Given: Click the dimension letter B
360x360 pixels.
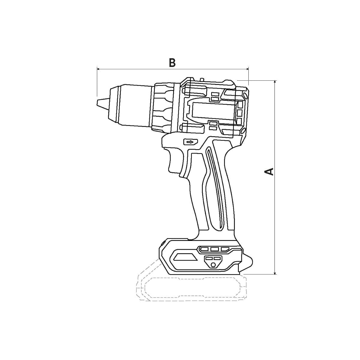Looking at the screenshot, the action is (x=172, y=63).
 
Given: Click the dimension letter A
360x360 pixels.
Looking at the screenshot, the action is (x=269, y=172).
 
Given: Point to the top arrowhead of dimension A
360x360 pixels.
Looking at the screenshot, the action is (x=275, y=82).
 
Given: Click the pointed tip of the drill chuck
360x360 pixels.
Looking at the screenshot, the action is (x=97, y=103).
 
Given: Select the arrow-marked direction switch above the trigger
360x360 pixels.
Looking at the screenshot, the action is (x=191, y=142).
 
